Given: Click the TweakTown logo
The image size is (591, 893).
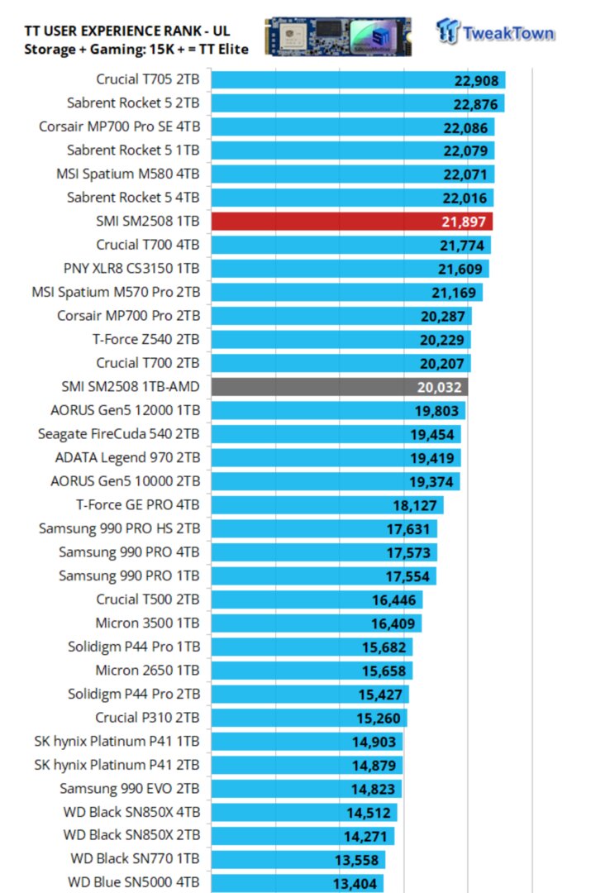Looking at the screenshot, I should pos(496,32).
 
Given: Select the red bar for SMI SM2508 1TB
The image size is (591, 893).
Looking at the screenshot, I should pos(352,222).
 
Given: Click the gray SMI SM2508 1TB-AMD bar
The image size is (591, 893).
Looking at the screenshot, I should pos(340,387).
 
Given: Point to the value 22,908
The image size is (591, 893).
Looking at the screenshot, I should pos(478,80).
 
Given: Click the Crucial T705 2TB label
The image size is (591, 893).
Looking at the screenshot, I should pos(147,80).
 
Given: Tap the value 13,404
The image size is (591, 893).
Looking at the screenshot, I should pos(358,883).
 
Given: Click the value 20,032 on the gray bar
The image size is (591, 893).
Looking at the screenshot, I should pos(440,387).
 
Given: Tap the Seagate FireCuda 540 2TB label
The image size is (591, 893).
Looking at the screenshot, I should pos(118,434).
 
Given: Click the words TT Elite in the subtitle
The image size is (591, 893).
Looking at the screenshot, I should pos(221,49).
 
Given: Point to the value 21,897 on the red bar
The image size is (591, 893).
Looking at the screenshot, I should pos(465,222).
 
